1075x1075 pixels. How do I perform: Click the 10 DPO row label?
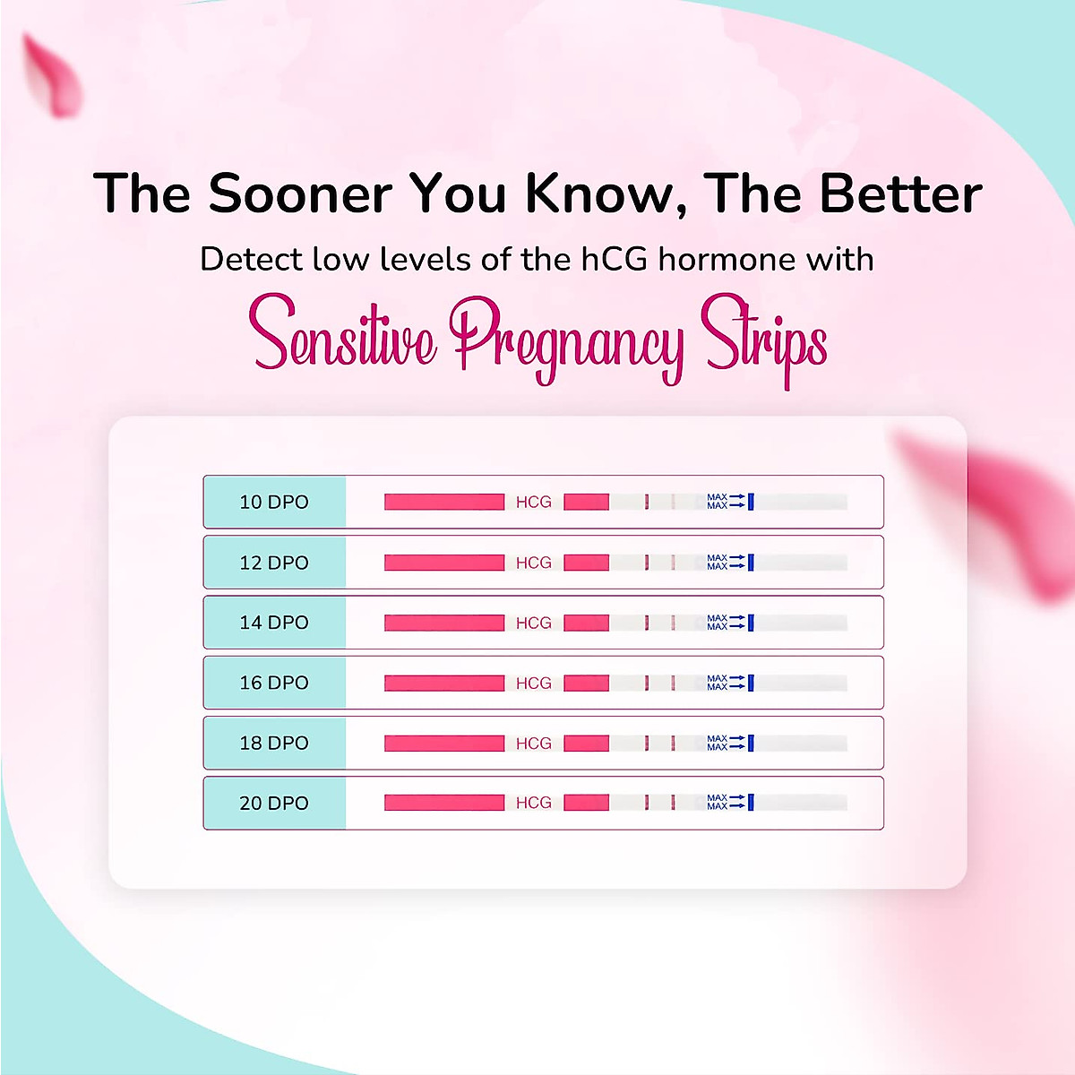(274, 503)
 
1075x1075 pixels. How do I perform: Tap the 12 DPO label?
(274, 563)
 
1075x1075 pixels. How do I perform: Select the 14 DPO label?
(274, 623)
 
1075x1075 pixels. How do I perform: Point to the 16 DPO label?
(274, 683)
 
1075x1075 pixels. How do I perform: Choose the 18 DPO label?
(274, 743)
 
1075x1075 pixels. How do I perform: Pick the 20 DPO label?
(274, 804)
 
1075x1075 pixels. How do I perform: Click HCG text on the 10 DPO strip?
(534, 503)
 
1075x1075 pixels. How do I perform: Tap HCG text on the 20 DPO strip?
(534, 804)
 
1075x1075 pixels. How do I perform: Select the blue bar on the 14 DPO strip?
(751, 623)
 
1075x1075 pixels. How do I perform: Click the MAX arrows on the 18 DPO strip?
(727, 743)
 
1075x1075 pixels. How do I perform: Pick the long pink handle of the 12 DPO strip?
(444, 563)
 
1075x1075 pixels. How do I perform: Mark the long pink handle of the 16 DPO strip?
(444, 683)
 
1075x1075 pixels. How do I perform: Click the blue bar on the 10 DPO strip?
(751, 502)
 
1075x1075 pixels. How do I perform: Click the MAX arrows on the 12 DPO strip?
(727, 563)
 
